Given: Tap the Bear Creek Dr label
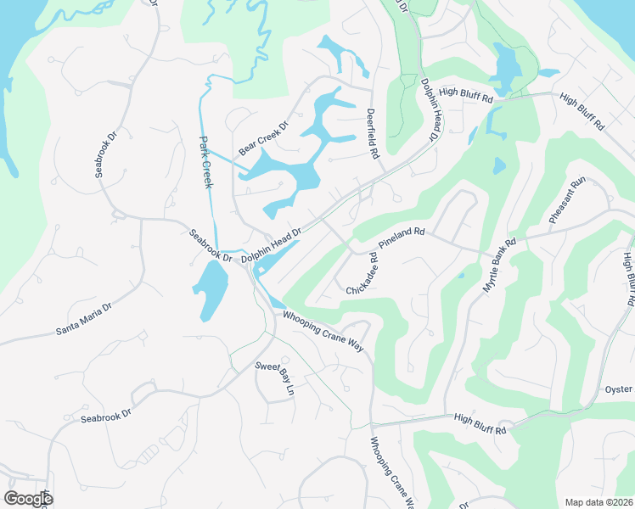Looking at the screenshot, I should click(x=264, y=138).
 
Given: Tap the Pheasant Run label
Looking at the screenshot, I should click(x=567, y=201).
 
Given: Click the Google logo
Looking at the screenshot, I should click(x=28, y=498).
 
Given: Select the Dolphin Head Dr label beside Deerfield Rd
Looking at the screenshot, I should click(x=430, y=109).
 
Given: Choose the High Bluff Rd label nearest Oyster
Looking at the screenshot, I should click(x=480, y=424).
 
